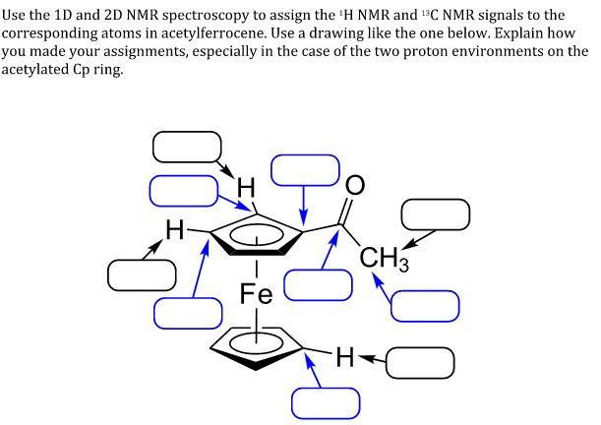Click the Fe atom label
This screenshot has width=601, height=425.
[x=256, y=292]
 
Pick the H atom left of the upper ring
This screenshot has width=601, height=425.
[x=174, y=232]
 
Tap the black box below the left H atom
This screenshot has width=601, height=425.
[x=142, y=274]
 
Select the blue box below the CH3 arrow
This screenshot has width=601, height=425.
[x=425, y=305]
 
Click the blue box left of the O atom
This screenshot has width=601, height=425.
[x=305, y=169]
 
